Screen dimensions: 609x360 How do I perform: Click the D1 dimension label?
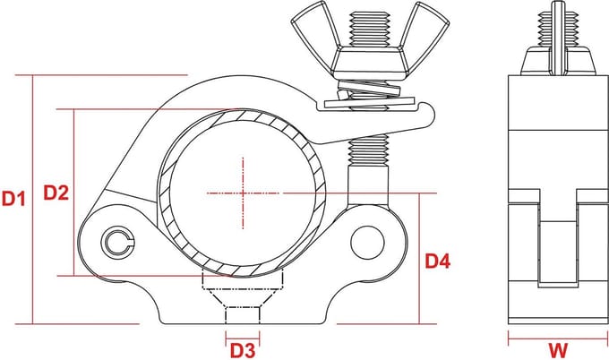point(13,198)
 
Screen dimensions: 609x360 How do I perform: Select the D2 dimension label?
point(56,193)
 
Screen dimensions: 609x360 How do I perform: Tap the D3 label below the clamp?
point(243,350)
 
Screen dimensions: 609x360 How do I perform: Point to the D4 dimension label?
point(438,261)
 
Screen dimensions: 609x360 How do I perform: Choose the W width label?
point(558,350)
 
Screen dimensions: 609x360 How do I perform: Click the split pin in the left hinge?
point(117,243)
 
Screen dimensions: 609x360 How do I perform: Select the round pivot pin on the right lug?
point(367,243)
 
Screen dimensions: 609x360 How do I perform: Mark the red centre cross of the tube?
point(243,193)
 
